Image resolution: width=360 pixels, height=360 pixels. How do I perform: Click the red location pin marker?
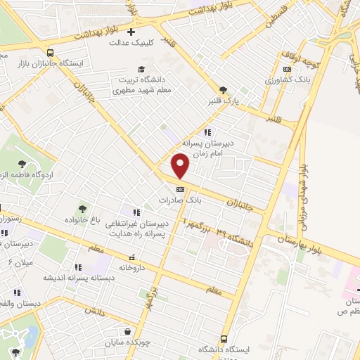click(181, 167)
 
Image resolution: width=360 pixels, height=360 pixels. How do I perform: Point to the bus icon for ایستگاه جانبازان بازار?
click(49, 52)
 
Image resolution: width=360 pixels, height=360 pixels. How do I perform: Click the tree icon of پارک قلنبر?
click(224, 89)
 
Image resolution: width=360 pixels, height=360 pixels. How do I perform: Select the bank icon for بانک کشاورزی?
click(286, 69)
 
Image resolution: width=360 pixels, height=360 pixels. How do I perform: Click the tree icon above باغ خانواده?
click(83, 208)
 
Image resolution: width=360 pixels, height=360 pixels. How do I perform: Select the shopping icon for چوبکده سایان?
click(127, 332)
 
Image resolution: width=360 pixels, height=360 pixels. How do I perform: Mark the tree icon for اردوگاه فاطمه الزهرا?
click(21, 164)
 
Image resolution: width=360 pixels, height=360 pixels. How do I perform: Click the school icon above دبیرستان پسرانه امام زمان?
click(207, 131)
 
